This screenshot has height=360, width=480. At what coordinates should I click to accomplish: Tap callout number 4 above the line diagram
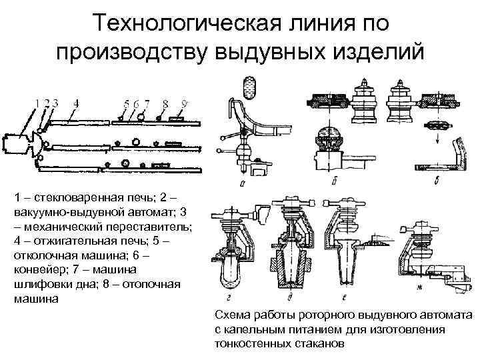point(76,103)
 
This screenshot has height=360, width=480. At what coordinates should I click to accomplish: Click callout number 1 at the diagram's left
point(39,103)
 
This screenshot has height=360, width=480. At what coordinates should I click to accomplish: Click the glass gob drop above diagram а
point(249,85)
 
